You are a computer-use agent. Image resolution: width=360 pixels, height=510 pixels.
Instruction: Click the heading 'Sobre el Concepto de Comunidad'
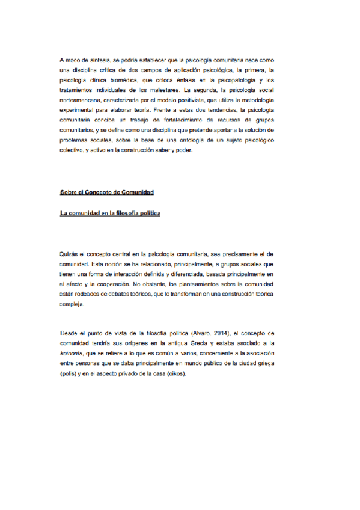(107, 192)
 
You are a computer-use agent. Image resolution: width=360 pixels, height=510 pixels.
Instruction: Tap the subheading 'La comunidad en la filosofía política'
(110, 214)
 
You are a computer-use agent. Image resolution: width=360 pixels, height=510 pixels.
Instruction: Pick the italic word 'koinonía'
(72, 353)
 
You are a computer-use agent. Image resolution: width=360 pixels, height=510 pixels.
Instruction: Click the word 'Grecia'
(191, 343)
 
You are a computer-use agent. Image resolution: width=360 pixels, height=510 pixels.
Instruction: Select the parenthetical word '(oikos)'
(174, 373)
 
